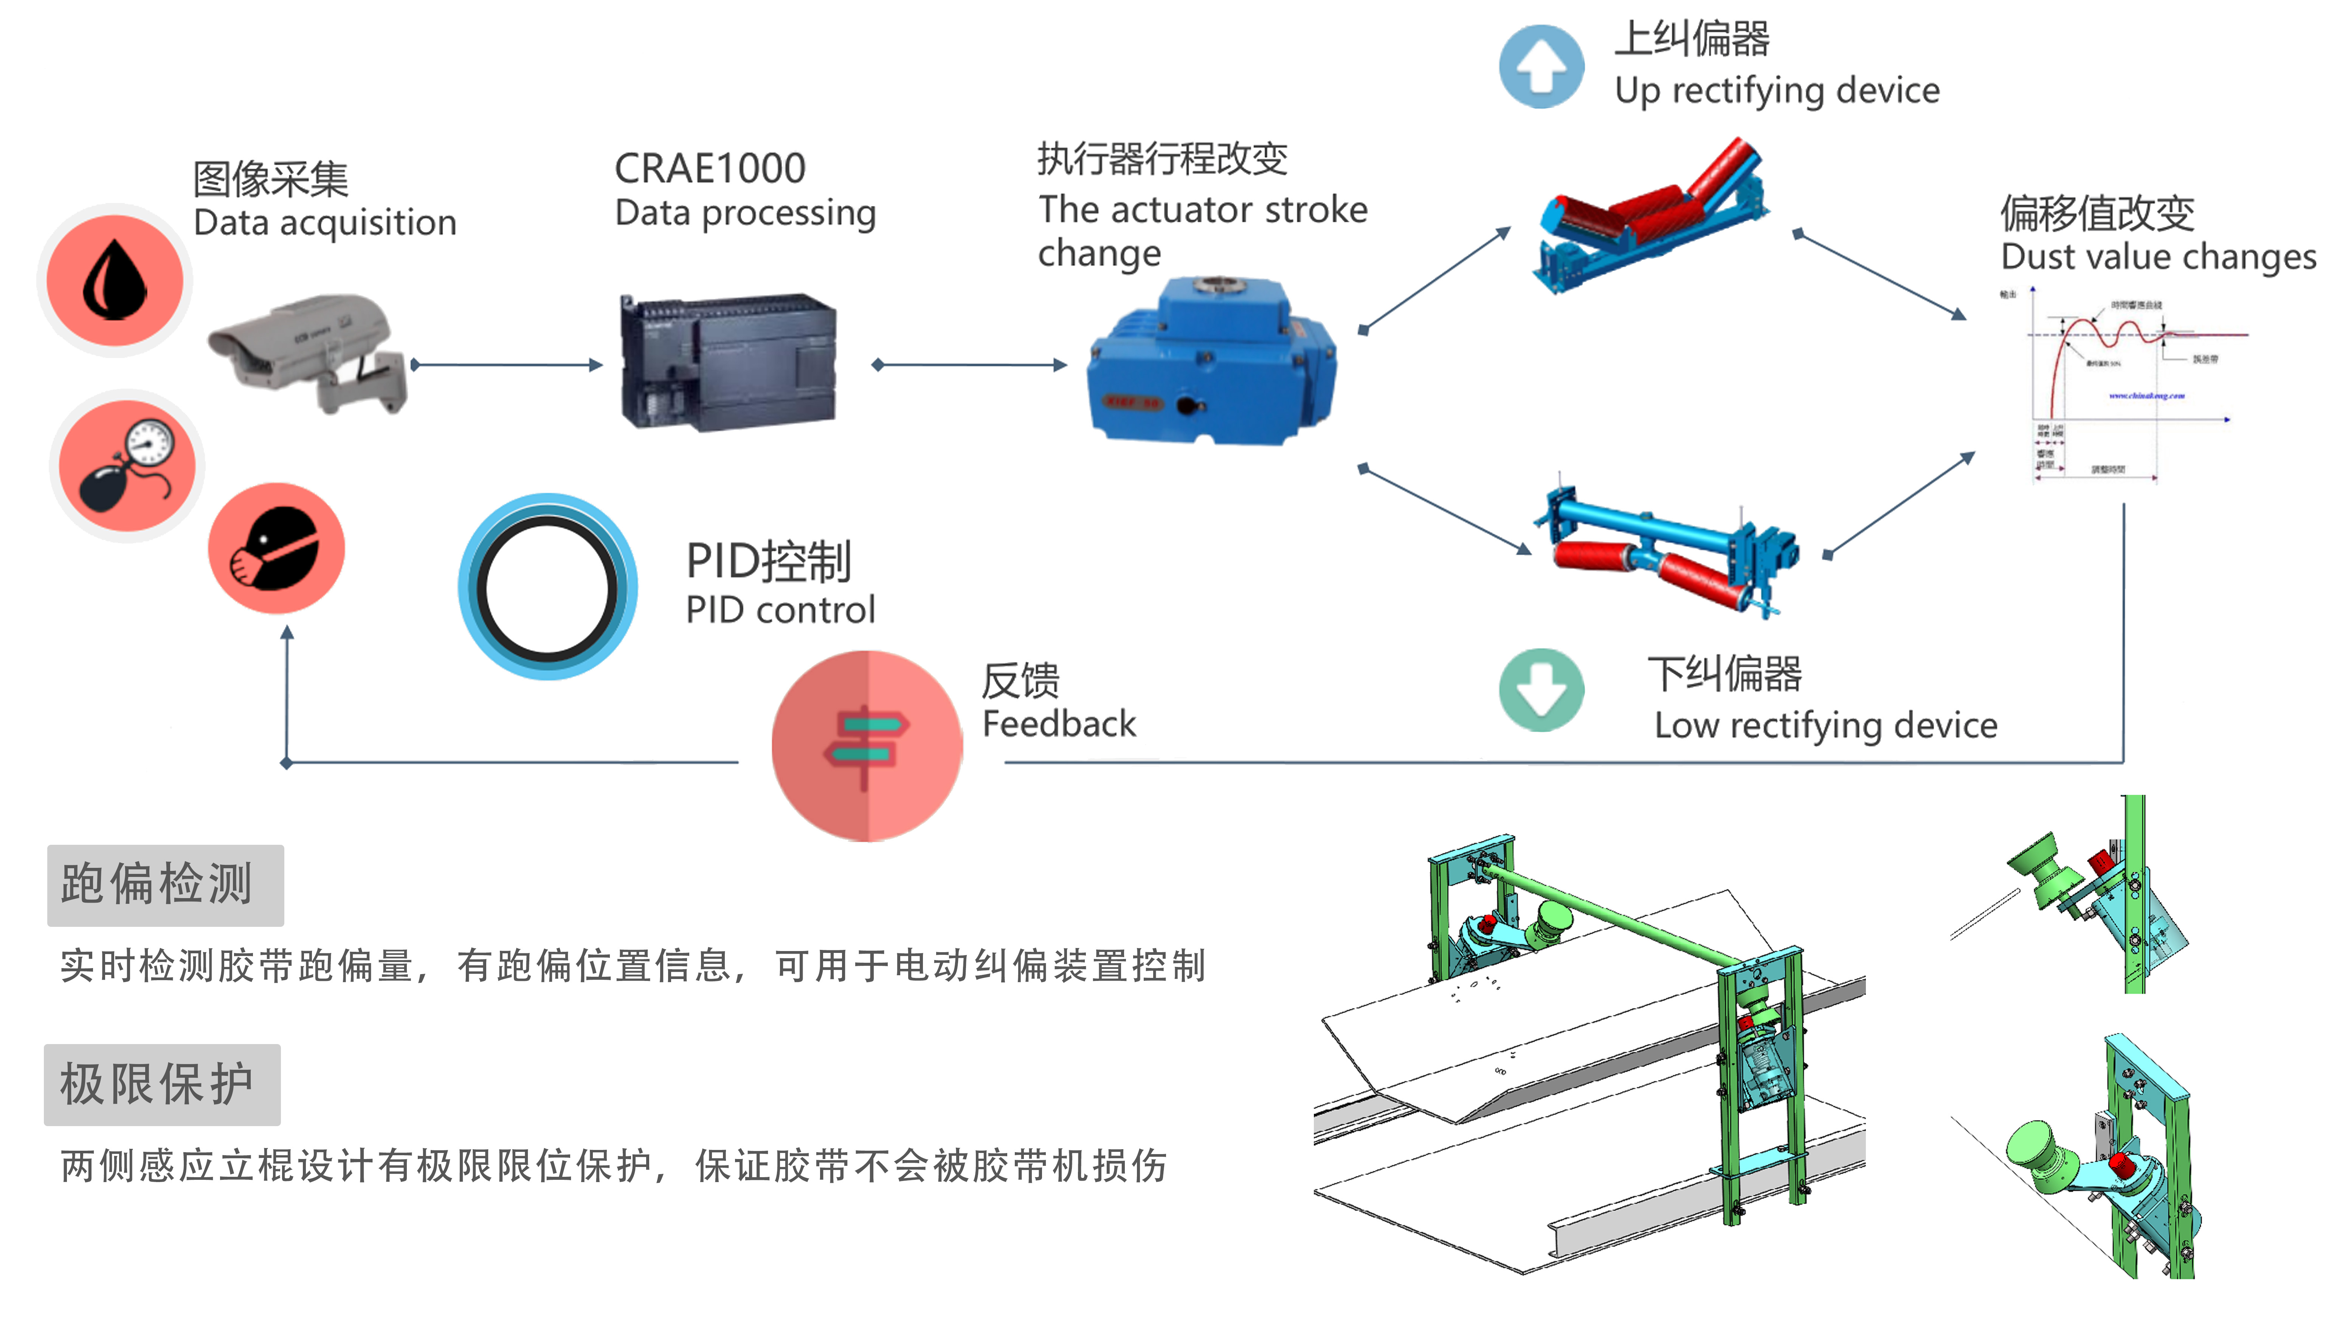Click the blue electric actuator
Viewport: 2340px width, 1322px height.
[x=1211, y=363]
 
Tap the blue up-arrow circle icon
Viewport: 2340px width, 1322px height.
[x=1541, y=66]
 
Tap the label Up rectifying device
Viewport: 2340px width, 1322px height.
[x=1777, y=91]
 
